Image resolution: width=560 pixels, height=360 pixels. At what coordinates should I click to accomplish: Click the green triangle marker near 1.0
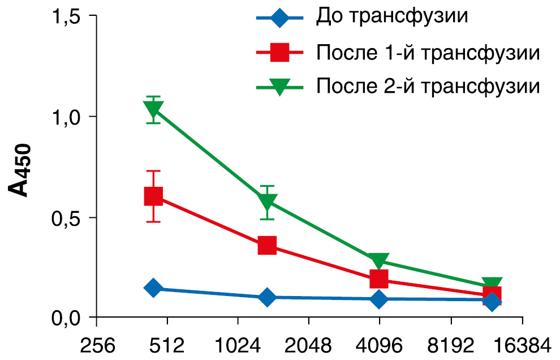[x=153, y=109]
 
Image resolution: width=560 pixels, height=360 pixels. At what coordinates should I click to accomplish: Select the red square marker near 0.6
[x=153, y=196]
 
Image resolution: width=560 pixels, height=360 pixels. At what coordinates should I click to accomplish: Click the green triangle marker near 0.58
[x=267, y=202]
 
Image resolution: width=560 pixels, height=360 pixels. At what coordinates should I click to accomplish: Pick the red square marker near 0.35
[x=267, y=246]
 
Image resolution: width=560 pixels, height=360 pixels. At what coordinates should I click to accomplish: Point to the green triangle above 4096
[x=379, y=260]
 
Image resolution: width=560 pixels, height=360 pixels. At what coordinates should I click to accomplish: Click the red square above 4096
[x=379, y=278]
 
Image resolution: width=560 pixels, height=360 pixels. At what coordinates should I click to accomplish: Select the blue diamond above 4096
[x=379, y=298]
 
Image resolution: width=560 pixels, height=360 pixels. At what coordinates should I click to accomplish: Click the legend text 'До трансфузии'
[x=391, y=17]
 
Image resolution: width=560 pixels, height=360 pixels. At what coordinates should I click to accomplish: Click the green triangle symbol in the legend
[x=279, y=87]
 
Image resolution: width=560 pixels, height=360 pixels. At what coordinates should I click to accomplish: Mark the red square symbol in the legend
[x=279, y=53]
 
